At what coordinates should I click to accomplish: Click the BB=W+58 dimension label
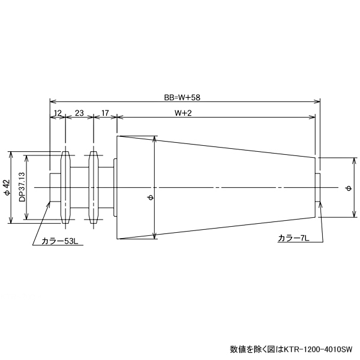point(183,96)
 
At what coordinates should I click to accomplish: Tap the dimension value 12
point(57,113)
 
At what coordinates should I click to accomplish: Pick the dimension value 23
point(79,113)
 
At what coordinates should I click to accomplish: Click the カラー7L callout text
point(293,238)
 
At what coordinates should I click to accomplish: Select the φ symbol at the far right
point(349,188)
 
